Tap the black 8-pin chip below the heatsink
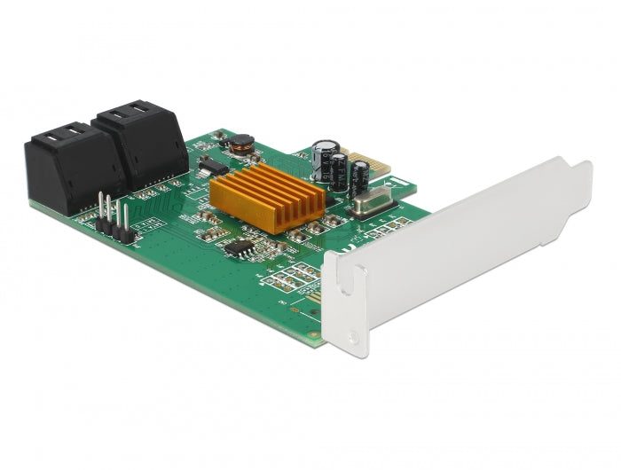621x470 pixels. pyautogui.click(x=240, y=247)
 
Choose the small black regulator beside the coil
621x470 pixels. pyautogui.click(x=209, y=164)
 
